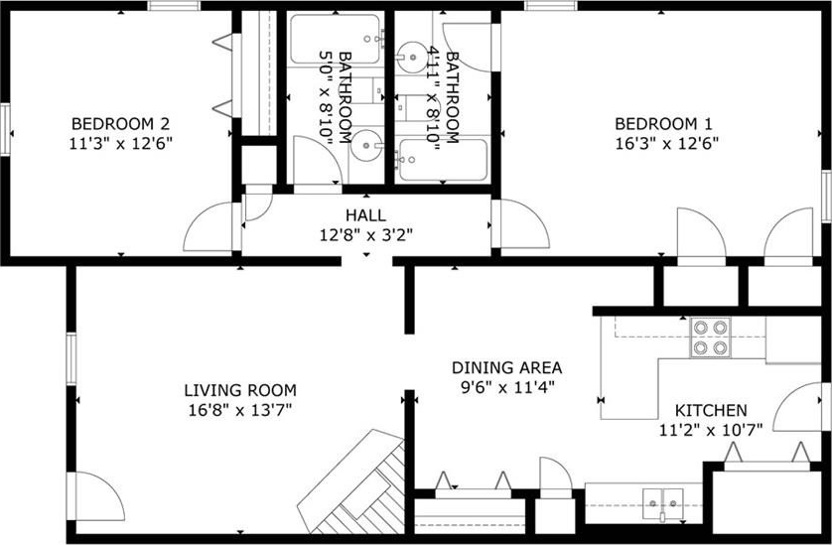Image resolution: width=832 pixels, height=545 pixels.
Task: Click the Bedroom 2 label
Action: pyautogui.click(x=120, y=124)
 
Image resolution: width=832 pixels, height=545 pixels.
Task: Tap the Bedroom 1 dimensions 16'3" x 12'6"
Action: pyautogui.click(x=666, y=144)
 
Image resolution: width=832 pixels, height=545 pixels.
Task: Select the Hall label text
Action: pyautogui.click(x=365, y=215)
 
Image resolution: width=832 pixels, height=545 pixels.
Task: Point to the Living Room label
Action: pyautogui.click(x=240, y=390)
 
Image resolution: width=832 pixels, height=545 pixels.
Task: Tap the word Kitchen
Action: pyautogui.click(x=711, y=410)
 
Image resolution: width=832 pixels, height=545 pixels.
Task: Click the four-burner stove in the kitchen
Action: pyautogui.click(x=710, y=338)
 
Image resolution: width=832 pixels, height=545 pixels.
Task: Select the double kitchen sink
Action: pyautogui.click(x=663, y=504)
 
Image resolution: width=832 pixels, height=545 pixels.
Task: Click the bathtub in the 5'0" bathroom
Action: pyautogui.click(x=336, y=39)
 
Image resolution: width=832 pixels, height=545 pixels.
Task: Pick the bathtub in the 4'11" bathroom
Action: pyautogui.click(x=443, y=160)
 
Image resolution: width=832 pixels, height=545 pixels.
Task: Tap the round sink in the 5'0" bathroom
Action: pyautogui.click(x=365, y=144)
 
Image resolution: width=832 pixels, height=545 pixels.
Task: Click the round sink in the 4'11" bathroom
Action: pyautogui.click(x=412, y=57)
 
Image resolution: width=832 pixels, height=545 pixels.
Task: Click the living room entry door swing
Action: pyautogui.click(x=95, y=496)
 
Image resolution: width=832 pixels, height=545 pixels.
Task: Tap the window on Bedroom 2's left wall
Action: pyautogui.click(x=5, y=129)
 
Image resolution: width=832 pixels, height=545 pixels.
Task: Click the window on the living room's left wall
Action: pyautogui.click(x=71, y=358)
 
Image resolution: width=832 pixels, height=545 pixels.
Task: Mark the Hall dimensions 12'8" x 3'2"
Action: pyautogui.click(x=365, y=234)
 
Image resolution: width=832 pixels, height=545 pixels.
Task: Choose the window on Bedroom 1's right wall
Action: pyautogui.click(x=826, y=197)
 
